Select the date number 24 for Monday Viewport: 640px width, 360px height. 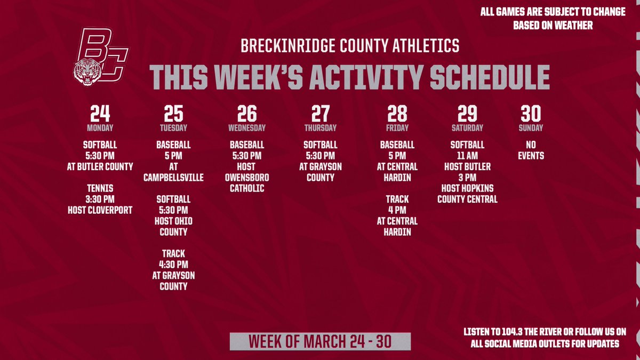point(100,114)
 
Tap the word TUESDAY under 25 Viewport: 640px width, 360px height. point(173,128)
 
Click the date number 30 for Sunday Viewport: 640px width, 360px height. point(531,114)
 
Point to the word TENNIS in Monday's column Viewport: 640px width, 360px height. point(100,188)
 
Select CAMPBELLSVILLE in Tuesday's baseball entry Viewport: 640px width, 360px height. point(173,178)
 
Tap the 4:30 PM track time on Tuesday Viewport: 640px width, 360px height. point(173,265)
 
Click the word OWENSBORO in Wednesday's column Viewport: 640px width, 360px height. point(247,178)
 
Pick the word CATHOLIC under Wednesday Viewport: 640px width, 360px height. point(247,188)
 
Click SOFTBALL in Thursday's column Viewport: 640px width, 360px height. point(320,145)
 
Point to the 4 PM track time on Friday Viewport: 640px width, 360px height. point(397,210)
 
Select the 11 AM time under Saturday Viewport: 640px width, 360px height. point(467,156)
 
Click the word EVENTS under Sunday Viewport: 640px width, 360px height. point(531,156)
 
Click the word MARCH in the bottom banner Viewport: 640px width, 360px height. point(330,341)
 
